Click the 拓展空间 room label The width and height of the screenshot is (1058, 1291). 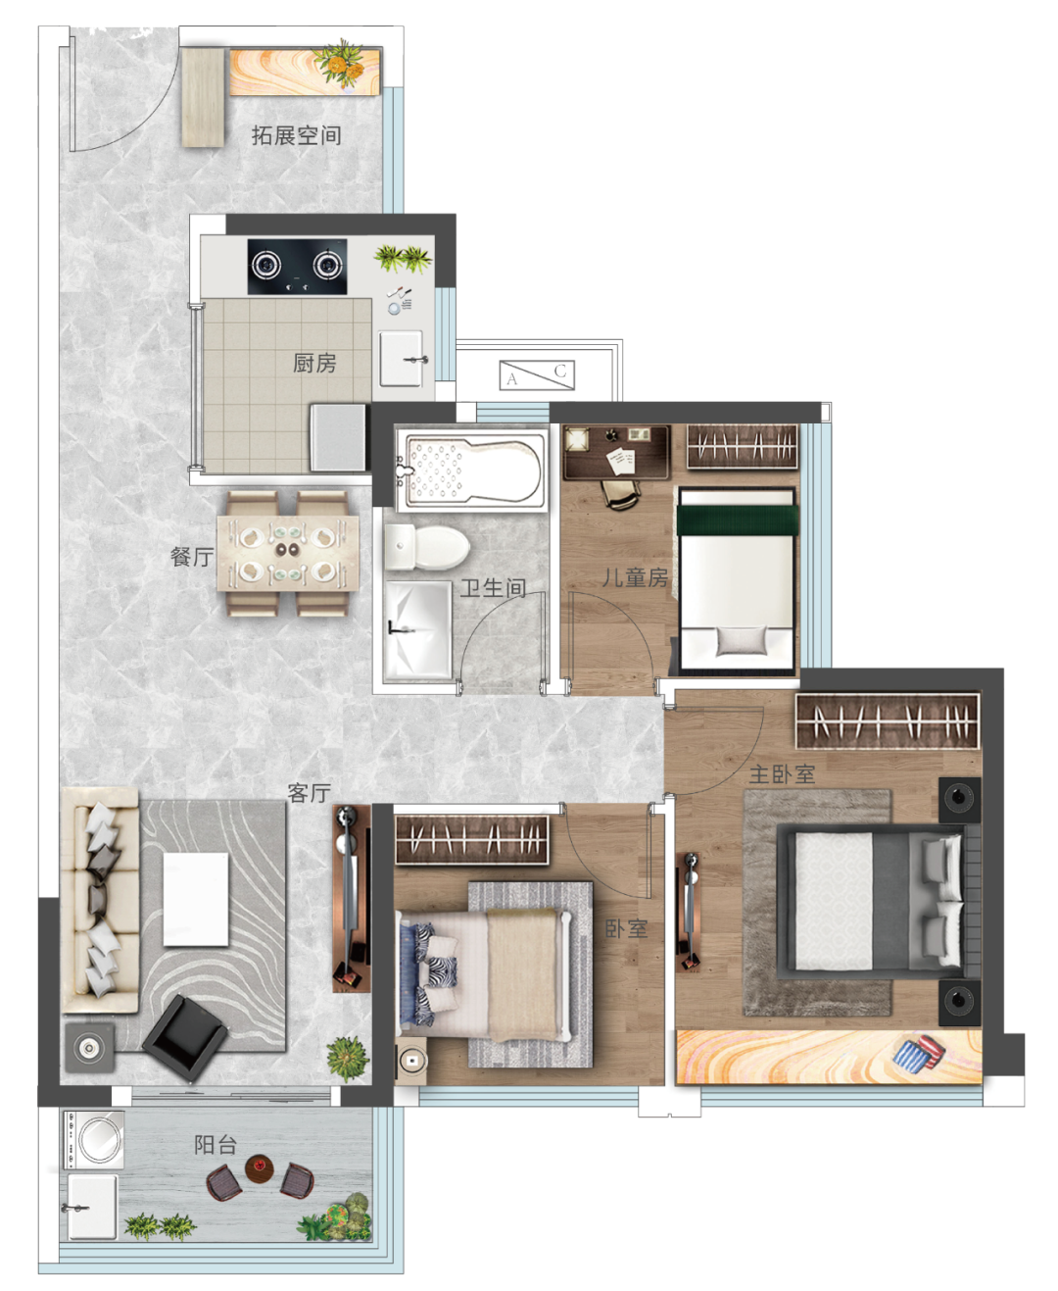(x=296, y=135)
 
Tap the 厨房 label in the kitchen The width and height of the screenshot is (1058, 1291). (x=314, y=363)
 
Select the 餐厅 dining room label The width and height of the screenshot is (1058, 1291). (x=192, y=557)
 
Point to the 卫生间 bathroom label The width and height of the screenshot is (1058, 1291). (x=493, y=588)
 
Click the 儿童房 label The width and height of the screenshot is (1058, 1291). (x=635, y=577)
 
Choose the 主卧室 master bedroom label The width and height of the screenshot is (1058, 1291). (x=782, y=774)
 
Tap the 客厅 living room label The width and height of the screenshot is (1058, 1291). (x=309, y=793)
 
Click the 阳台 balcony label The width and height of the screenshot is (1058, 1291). (x=216, y=1144)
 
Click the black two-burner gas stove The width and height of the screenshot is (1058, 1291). (x=297, y=267)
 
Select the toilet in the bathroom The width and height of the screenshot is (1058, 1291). (x=427, y=547)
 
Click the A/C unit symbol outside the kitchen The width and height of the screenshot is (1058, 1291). (x=537, y=374)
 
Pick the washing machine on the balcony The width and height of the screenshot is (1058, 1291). (x=94, y=1140)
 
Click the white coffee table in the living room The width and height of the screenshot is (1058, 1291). (x=196, y=900)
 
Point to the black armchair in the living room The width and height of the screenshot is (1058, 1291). (x=185, y=1036)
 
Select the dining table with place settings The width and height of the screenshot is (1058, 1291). (x=288, y=554)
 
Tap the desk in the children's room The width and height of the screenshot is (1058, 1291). (x=615, y=452)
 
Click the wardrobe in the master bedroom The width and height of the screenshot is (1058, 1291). (x=888, y=720)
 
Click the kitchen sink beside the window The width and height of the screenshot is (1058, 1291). (x=402, y=359)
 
